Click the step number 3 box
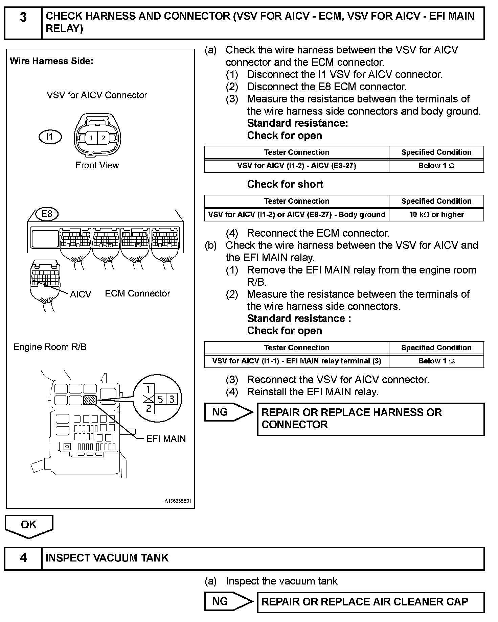[23, 23]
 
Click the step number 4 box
[23, 558]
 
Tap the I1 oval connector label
[50, 137]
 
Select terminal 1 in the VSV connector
[91, 138]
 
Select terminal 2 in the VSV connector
[103, 138]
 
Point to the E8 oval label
[47, 214]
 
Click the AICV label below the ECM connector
[81, 294]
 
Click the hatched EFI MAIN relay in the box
[90, 400]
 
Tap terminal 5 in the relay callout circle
[160, 399]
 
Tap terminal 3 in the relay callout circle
[172, 399]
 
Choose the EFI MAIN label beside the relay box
[166, 439]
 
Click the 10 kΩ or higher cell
[436, 215]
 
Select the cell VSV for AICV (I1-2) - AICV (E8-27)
[296, 166]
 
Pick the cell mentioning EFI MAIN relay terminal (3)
[296, 361]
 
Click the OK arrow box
[29, 525]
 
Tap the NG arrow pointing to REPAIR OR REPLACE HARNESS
[228, 412]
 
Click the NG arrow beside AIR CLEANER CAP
[228, 601]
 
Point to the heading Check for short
[285, 184]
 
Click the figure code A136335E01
[178, 501]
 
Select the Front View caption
[97, 165]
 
